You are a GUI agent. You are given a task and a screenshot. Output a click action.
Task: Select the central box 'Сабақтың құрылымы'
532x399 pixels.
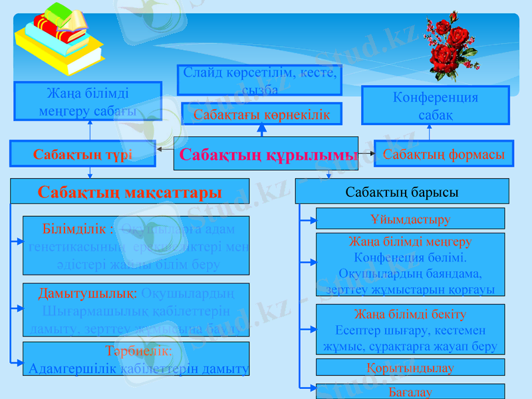pos(266,154)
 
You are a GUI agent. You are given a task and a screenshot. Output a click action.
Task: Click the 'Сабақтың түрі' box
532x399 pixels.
pos(83,154)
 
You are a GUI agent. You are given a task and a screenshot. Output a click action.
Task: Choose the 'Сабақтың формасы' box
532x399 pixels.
pos(444,154)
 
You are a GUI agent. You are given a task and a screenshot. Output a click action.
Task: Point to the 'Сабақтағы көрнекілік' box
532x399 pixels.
pos(261,114)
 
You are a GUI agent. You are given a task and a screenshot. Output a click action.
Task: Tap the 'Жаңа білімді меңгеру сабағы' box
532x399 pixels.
pos(87,101)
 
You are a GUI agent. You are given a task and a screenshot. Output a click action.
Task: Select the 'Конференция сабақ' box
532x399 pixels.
pos(435,105)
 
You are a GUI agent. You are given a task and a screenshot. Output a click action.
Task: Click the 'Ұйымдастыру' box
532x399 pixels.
pos(410,219)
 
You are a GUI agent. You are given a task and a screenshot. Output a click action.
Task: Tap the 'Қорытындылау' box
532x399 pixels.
pos(410,367)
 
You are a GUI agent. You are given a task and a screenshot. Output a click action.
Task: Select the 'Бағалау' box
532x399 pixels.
pos(410,392)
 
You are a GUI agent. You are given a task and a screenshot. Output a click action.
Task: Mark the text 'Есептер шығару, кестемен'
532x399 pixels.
pos(410,331)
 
